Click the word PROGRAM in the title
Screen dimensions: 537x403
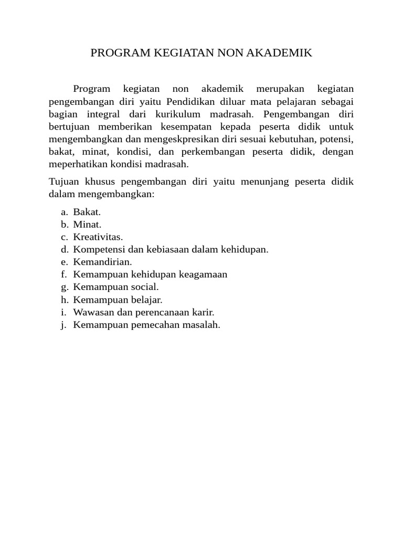(x=119, y=53)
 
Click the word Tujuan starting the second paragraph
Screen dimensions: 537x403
(x=64, y=182)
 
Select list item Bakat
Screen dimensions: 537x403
(x=87, y=212)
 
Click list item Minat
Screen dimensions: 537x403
(x=87, y=224)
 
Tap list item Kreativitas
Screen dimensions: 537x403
(x=98, y=237)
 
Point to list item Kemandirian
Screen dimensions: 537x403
(x=102, y=262)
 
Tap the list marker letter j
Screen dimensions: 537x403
(x=63, y=325)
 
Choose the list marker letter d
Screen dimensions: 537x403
(x=64, y=250)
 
